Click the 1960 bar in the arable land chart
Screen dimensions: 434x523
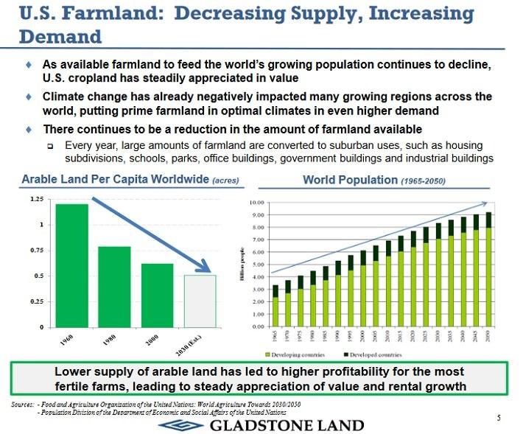click(72, 265)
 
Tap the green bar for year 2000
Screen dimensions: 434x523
click(157, 295)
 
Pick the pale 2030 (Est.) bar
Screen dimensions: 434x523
click(200, 301)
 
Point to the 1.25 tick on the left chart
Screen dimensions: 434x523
click(36, 199)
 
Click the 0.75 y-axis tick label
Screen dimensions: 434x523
click(36, 251)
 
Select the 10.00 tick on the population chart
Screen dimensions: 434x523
click(257, 203)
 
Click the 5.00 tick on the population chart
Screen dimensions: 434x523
click(257, 265)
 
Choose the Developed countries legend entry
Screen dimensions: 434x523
click(376, 354)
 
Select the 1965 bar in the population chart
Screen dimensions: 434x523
click(275, 306)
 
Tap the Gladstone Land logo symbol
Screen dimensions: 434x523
click(182, 425)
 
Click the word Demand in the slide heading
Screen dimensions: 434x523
click(60, 35)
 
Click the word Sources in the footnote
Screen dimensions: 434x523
click(23, 405)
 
